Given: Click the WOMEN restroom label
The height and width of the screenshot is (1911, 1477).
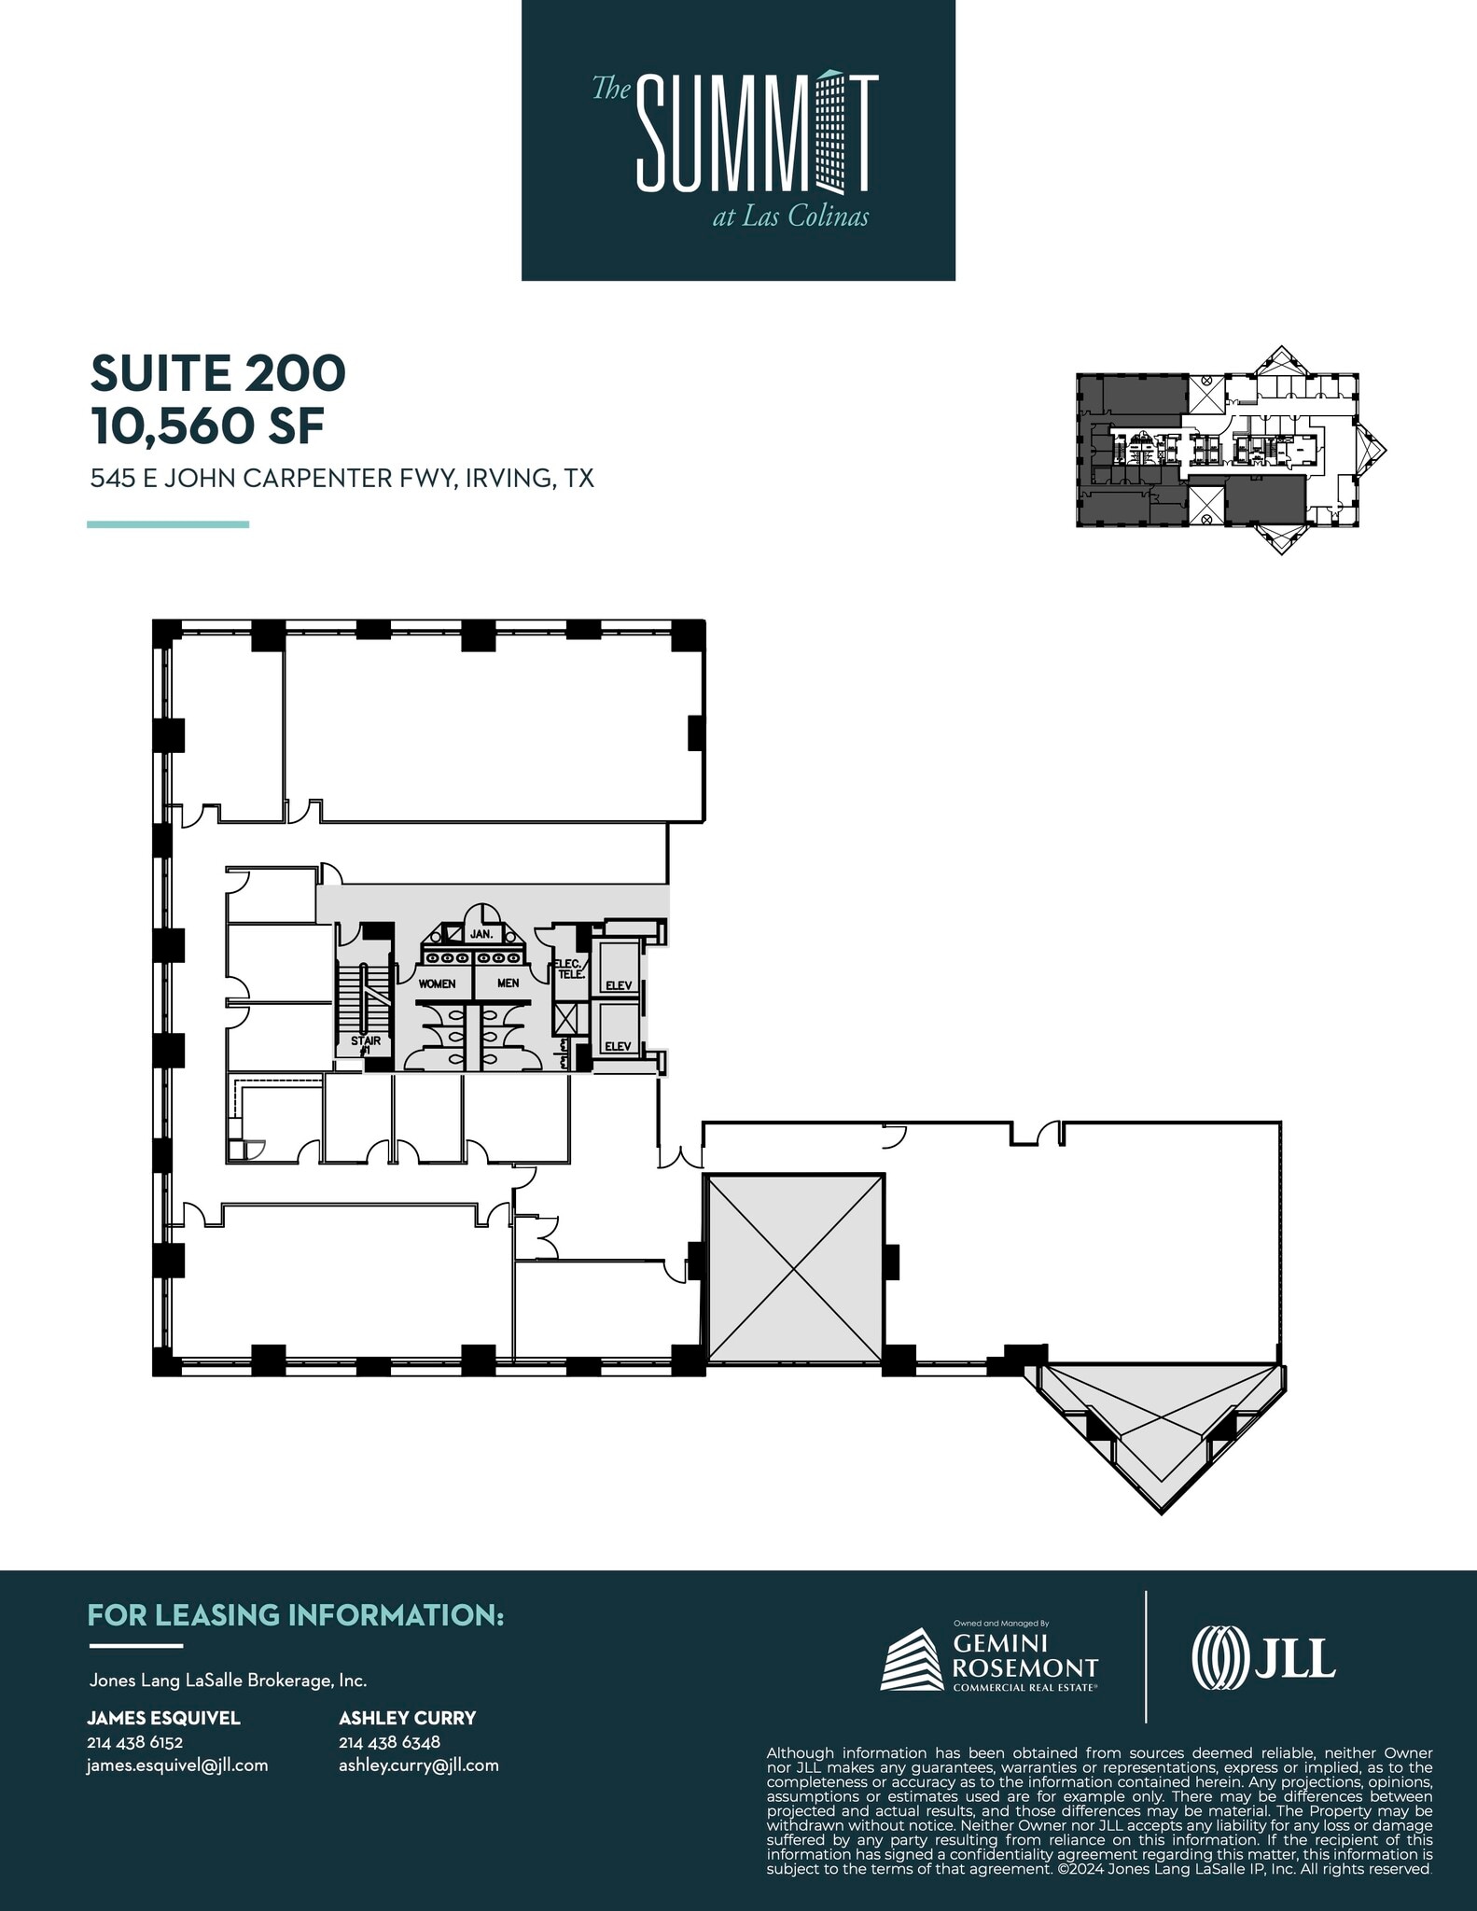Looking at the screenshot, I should pos(437,983).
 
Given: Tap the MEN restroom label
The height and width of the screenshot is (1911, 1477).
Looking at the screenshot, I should pos(509,983).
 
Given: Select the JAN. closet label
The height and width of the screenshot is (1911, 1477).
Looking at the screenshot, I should pos(481,934).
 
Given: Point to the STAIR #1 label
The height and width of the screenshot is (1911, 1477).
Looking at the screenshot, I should pos(365,1044).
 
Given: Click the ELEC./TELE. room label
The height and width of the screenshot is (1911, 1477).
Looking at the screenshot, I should pos(570,969).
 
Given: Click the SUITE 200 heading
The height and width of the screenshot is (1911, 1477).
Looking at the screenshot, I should pos(217,373).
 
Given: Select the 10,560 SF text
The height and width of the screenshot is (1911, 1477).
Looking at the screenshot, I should pos(207,426).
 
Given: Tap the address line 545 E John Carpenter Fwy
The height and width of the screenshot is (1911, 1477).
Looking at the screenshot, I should pos(341,479).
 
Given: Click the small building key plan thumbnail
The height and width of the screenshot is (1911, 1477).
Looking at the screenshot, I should pos(1230,452).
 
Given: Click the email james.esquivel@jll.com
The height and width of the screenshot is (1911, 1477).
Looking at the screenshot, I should pos(177,1765).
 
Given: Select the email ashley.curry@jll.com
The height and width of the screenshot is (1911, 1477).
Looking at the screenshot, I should pos(418,1765).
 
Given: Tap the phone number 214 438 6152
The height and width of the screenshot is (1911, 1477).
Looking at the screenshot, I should pos(134,1741).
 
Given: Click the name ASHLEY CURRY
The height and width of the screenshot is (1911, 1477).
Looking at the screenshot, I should pos(407,1718).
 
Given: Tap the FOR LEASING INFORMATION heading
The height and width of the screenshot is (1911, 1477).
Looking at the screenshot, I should pos(295,1615).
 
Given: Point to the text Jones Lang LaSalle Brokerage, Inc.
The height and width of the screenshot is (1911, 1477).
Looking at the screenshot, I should pos(228,1681).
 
